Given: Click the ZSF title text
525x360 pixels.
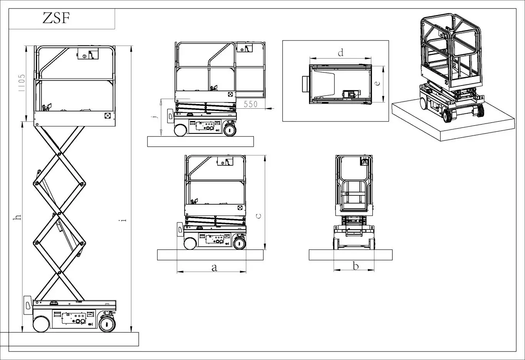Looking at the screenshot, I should tap(56, 18).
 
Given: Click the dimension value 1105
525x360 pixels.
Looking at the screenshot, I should tap(22, 83).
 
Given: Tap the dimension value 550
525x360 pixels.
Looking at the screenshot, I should tap(250, 104).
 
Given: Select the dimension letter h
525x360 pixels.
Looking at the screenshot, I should tap(17, 218).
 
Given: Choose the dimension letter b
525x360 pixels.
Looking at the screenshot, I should tap(356, 266).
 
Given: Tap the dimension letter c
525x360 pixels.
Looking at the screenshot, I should tap(259, 216).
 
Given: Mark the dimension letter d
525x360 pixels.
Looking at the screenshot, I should tap(340, 52).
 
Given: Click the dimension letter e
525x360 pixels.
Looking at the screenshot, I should tap(378, 83).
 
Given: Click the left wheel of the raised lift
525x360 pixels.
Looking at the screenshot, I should tap(40, 324).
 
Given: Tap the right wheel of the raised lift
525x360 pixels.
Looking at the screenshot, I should tap(107, 324).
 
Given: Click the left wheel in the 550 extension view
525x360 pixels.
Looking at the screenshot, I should tap(180, 130).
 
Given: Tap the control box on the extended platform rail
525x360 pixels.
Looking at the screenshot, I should tap(245, 48).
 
